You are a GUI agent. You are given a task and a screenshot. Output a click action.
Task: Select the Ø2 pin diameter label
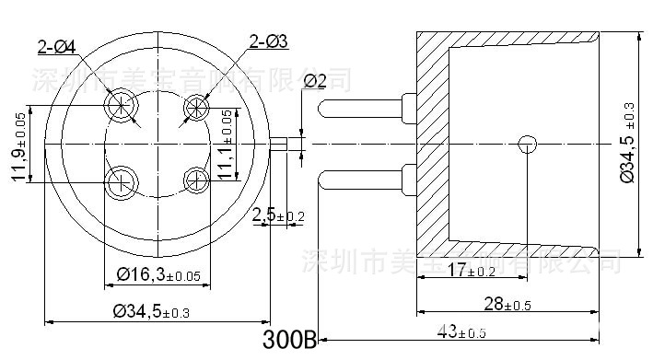[315, 81]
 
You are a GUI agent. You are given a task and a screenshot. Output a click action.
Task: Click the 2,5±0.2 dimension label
[279, 215]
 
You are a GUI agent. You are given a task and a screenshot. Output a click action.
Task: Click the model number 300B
[290, 340]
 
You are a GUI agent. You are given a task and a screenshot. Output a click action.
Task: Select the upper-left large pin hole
[121, 106]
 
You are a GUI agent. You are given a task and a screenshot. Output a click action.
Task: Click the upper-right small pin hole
[196, 106]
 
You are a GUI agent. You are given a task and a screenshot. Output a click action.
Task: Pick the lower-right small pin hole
[196, 180]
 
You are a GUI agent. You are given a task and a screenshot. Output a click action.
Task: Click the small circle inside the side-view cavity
[527, 144]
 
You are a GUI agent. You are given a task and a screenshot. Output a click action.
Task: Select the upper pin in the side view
[363, 108]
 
